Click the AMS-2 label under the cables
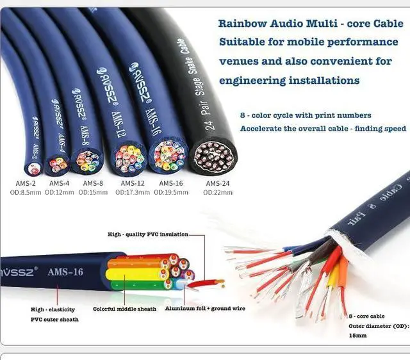tap(26, 183)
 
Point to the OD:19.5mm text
tap(169, 192)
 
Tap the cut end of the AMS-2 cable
tap(34, 168)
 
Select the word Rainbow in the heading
tap(242, 23)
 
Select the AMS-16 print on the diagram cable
tap(65, 272)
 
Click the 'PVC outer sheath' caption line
tap(54, 318)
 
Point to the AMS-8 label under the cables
tap(93, 183)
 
